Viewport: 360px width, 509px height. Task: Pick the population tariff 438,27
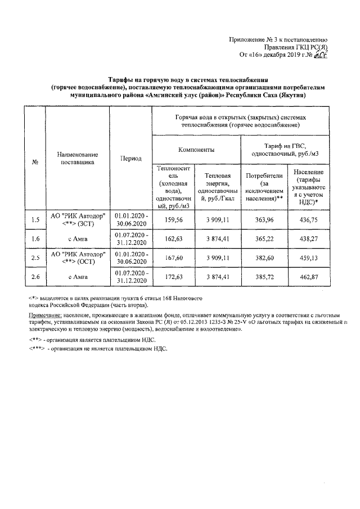click(308, 239)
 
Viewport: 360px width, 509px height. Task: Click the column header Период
click(130, 159)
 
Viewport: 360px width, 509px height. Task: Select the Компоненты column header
click(195, 150)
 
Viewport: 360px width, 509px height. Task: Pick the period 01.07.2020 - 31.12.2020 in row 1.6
click(130, 239)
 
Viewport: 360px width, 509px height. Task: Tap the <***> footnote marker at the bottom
click(38, 349)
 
